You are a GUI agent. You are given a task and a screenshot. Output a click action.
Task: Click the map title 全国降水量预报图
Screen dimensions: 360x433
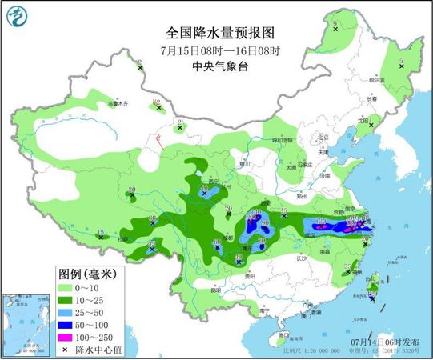(219, 33)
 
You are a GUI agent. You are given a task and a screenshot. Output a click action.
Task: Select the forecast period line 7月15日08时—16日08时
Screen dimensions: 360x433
(219, 50)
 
